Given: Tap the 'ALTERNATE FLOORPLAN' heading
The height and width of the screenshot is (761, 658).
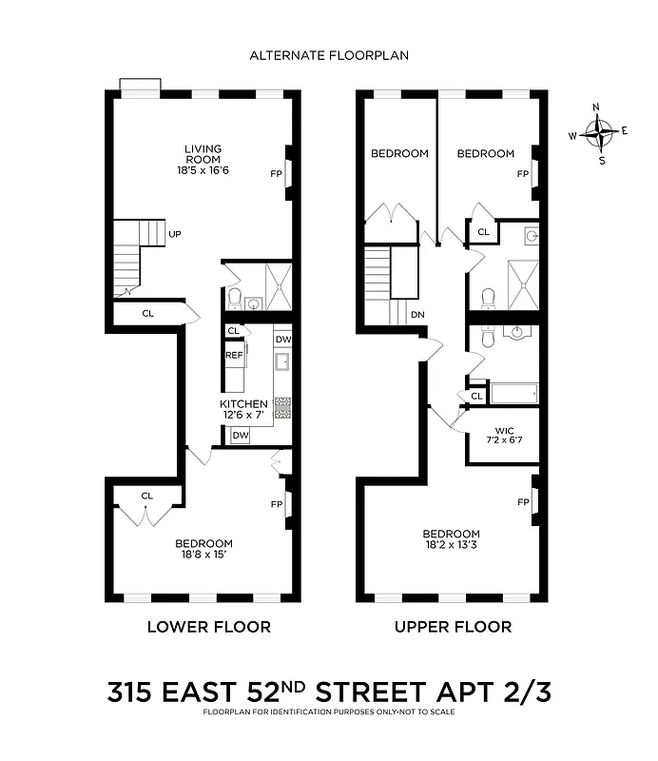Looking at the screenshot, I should click(329, 55).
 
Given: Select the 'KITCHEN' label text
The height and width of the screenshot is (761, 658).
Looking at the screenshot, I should click(244, 404).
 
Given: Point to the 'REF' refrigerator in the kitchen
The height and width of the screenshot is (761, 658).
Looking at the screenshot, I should click(234, 355).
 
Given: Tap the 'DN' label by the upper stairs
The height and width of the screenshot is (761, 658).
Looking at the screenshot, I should click(416, 314).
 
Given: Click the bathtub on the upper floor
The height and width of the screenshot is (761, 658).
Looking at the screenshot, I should click(513, 392).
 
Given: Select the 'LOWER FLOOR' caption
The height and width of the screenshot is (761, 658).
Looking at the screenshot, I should click(208, 627).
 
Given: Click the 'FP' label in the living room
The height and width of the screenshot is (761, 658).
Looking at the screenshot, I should click(276, 174).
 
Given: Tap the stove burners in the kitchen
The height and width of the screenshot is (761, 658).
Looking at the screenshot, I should click(282, 407).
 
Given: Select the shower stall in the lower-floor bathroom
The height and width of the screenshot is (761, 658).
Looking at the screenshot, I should click(278, 285).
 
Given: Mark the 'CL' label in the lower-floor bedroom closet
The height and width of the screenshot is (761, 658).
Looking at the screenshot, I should click(147, 496).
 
